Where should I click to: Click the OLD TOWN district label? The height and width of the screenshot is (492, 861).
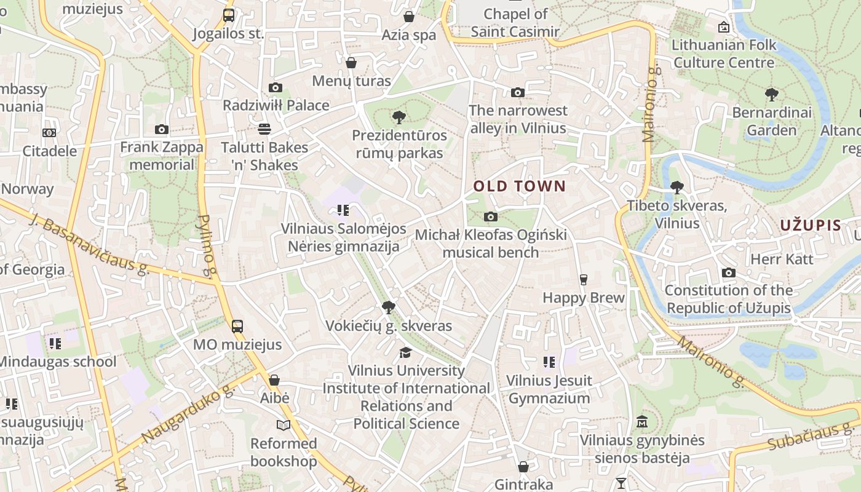pyautogui.click(x=519, y=186)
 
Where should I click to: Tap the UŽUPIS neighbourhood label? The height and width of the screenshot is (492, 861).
pyautogui.click(x=810, y=225)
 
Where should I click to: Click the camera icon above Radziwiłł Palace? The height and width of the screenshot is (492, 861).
pyautogui.click(x=275, y=88)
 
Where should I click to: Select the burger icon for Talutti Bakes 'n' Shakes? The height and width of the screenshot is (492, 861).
pyautogui.click(x=264, y=129)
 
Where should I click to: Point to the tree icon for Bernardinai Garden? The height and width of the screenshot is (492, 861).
pyautogui.click(x=772, y=95)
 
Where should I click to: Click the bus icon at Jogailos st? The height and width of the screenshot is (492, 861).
pyautogui.click(x=228, y=15)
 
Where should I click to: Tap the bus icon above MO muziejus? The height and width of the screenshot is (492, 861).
pyautogui.click(x=237, y=327)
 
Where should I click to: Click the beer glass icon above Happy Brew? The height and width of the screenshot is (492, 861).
pyautogui.click(x=583, y=280)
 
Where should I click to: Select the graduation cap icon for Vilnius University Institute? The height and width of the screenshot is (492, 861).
pyautogui.click(x=405, y=352)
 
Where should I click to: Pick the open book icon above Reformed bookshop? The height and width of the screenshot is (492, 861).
pyautogui.click(x=283, y=425)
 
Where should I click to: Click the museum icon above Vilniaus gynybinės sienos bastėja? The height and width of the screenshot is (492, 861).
pyautogui.click(x=643, y=422)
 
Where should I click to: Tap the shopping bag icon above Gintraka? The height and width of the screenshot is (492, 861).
pyautogui.click(x=523, y=467)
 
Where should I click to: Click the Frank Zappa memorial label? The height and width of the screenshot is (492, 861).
pyautogui.click(x=162, y=156)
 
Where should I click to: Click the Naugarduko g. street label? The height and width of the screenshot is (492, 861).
pyautogui.click(x=188, y=414)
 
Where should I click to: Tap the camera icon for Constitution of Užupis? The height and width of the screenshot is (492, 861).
pyautogui.click(x=729, y=272)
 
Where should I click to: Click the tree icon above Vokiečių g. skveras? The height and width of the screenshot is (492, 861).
pyautogui.click(x=388, y=307)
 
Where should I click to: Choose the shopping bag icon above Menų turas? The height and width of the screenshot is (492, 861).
pyautogui.click(x=351, y=63)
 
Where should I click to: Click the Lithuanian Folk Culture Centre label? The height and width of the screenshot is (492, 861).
pyautogui.click(x=724, y=54)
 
